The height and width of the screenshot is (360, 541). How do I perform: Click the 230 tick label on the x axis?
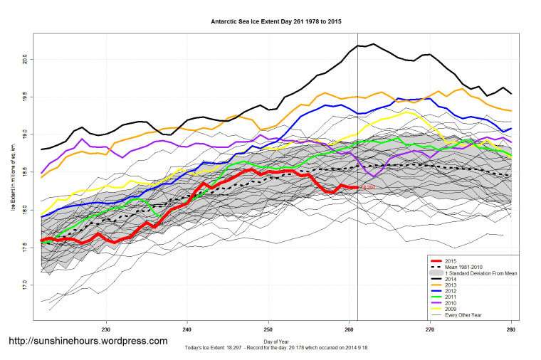pos(106,329)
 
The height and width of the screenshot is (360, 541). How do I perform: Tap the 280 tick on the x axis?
pos(511,329)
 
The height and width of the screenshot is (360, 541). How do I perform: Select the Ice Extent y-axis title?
pos(12,171)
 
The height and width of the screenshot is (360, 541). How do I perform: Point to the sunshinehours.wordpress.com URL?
pos(88,341)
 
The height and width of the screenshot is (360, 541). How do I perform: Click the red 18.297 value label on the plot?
pos(368,187)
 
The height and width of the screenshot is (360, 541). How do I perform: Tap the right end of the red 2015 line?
pos(357,187)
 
